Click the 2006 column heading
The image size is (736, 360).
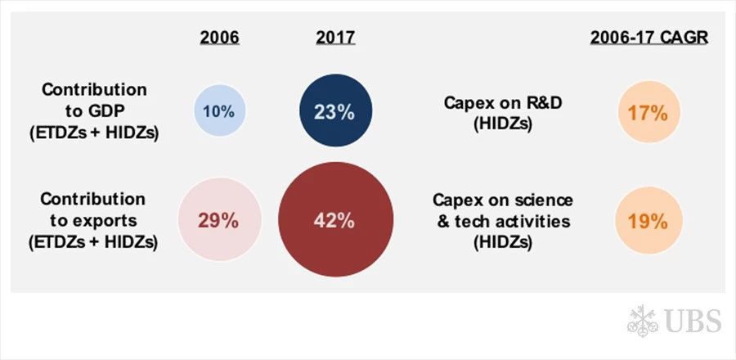click(220, 38)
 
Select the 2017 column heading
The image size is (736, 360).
click(335, 38)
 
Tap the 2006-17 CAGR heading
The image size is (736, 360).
click(649, 38)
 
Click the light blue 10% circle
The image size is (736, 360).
click(220, 110)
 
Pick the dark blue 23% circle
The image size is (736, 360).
click(335, 110)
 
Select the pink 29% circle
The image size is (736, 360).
click(219, 220)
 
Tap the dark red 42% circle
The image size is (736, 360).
click(335, 219)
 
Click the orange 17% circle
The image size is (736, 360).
click(648, 112)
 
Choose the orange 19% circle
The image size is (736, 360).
click(648, 221)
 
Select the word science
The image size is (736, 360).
click(543, 200)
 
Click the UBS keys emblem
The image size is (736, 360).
click(643, 321)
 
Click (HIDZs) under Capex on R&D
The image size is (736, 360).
click(502, 125)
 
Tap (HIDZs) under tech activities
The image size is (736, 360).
click(502, 243)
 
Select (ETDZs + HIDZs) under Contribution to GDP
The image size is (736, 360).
click(94, 133)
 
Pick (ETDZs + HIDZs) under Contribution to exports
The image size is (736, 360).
click(93, 242)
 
